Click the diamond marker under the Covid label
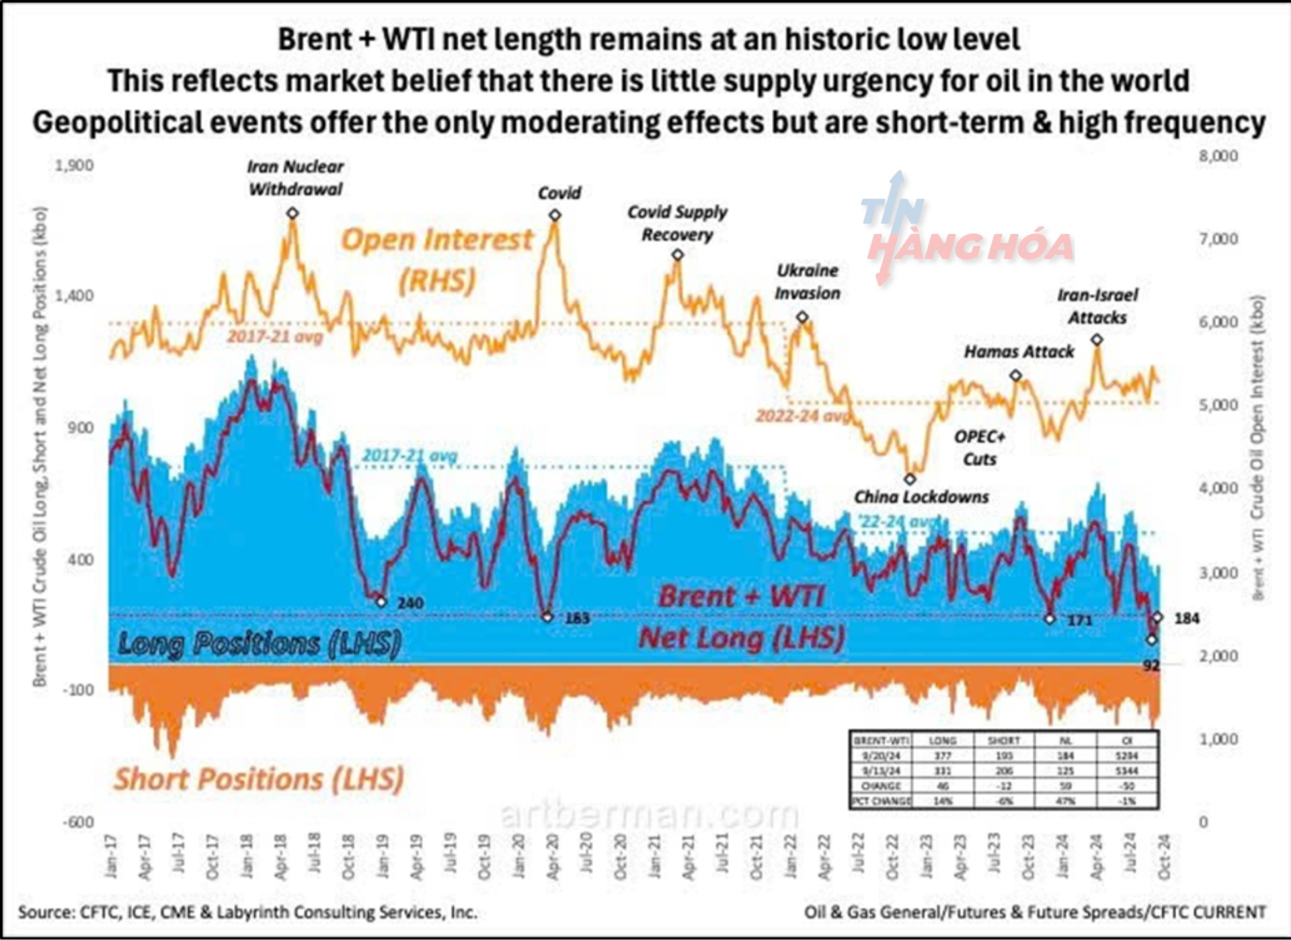click(x=555, y=215)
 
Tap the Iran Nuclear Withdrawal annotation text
click(x=295, y=178)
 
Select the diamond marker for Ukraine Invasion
click(x=802, y=317)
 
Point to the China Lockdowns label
click(x=921, y=497)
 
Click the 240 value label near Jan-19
click(x=410, y=602)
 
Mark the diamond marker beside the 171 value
click(x=1050, y=619)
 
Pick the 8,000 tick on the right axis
click(x=1218, y=156)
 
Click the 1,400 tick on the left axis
click(x=75, y=296)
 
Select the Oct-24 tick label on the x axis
click(x=1165, y=857)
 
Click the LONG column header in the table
click(x=942, y=740)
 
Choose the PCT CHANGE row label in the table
click(x=881, y=801)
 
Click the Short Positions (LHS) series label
click(x=259, y=779)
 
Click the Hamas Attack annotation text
click(x=1019, y=352)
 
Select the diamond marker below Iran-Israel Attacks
click(x=1097, y=340)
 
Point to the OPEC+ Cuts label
click(x=979, y=448)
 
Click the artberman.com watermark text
click(x=649, y=815)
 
